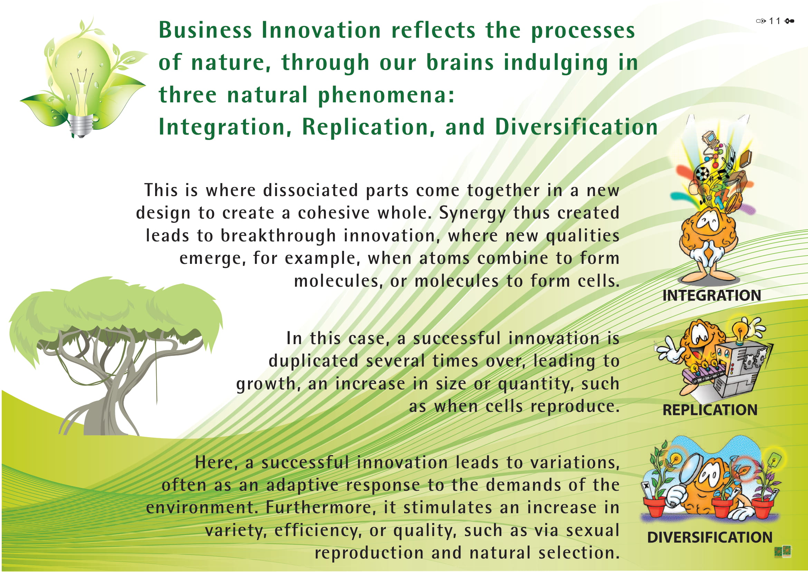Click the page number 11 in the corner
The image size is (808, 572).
(774, 21)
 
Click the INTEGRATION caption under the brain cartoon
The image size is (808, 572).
(712, 295)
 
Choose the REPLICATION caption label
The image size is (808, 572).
(710, 410)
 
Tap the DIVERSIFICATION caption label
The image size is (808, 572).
(710, 537)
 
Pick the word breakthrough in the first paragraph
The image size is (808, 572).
(278, 236)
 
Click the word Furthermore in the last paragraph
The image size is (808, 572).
(319, 508)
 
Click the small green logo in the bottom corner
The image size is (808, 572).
(783, 552)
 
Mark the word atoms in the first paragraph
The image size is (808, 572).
(444, 259)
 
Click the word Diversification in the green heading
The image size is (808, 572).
(576, 127)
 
